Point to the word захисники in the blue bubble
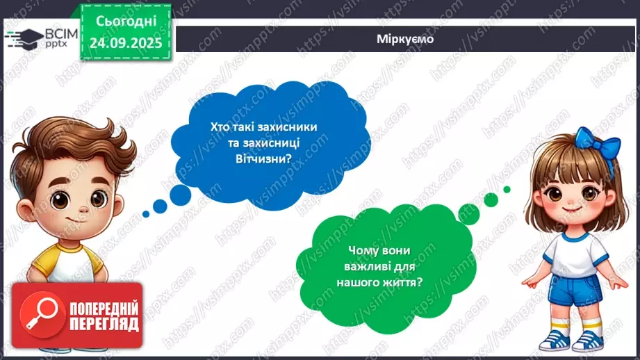coord(287,128)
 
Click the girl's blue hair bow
coord(597,153)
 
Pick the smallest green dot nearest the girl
coord(507,189)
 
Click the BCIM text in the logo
coord(54,33)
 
